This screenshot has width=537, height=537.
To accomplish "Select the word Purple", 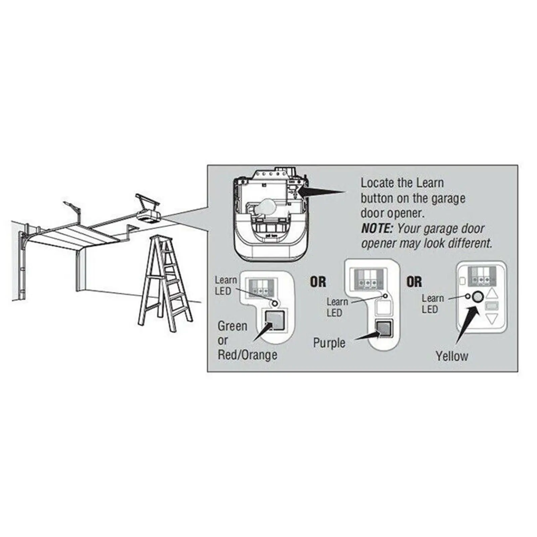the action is (x=329, y=343).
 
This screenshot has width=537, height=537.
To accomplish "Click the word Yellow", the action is (x=452, y=356).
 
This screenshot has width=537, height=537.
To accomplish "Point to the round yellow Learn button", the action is (x=478, y=297).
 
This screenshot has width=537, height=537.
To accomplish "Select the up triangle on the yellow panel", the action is (x=492, y=295).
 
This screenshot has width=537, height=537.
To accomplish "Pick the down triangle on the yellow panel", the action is (x=492, y=318).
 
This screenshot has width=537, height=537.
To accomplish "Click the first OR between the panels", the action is (x=318, y=282).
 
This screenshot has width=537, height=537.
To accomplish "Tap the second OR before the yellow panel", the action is (x=414, y=282).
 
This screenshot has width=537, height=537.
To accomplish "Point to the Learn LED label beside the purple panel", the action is (x=337, y=307).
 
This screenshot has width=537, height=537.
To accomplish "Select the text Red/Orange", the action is (x=248, y=355).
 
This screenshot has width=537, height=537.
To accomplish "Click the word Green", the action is (x=232, y=326).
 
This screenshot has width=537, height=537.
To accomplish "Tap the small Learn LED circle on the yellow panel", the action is (x=467, y=296).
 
